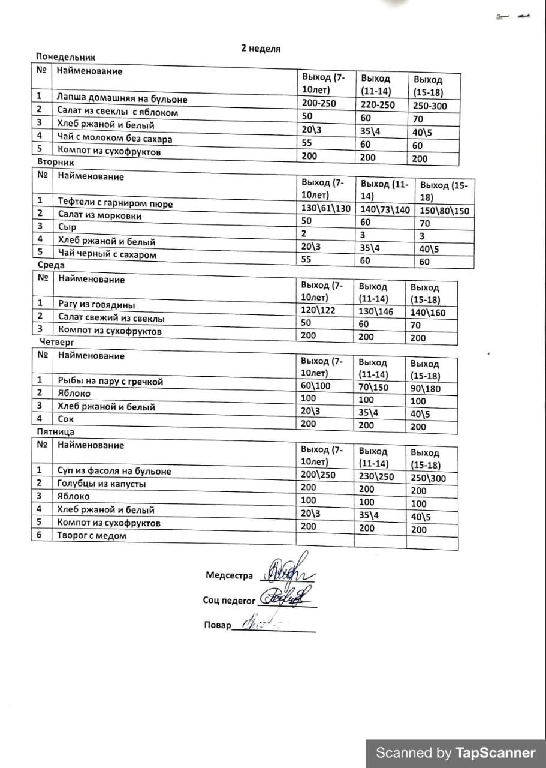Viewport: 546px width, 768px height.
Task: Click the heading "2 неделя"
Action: tap(261, 49)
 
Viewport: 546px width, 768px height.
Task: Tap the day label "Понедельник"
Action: tap(66, 58)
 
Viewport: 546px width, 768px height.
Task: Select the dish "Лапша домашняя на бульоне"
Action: tap(122, 99)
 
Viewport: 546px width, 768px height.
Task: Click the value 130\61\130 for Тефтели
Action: tap(325, 208)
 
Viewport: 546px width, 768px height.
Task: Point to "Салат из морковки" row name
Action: tap(99, 215)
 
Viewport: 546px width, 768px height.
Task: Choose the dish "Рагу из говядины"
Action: tap(96, 304)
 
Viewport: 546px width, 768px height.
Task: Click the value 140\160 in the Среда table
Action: tap(428, 313)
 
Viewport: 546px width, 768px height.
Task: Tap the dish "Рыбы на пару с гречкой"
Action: tap(110, 381)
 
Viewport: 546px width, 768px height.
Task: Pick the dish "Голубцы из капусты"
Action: tap(101, 484)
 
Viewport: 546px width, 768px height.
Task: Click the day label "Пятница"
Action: tap(56, 432)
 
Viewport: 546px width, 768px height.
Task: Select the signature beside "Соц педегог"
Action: tap(290, 596)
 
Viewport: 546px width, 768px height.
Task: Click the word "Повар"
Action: tap(217, 625)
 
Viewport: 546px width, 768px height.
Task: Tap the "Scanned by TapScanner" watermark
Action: tap(455, 753)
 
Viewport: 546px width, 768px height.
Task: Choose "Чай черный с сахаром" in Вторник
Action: tap(107, 255)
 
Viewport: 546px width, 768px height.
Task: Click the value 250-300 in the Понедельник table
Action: tap(430, 106)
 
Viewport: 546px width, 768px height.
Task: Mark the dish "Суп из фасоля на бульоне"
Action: tap(113, 471)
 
